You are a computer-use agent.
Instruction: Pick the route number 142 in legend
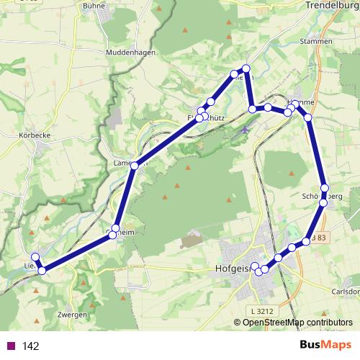click(x=31, y=346)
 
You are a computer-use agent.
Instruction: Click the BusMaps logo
click(x=325, y=345)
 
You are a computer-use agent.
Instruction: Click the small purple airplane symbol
click(x=246, y=130)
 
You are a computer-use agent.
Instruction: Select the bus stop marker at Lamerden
click(x=135, y=166)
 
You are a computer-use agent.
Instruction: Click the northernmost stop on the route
click(x=246, y=69)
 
